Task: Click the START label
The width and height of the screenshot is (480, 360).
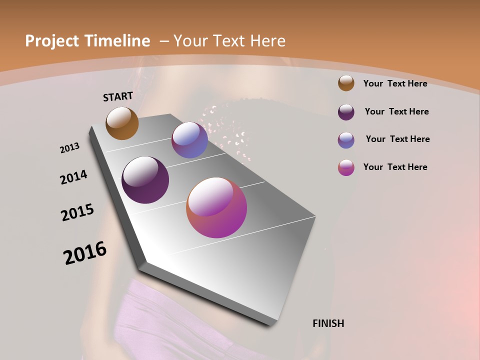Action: click(118, 96)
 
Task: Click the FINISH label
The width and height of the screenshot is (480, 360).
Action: click(328, 323)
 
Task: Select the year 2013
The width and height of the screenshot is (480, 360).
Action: click(70, 148)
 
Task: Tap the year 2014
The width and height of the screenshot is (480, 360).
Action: click(73, 177)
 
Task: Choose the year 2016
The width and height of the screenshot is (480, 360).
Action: click(85, 253)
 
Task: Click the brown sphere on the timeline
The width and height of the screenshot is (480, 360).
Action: click(122, 123)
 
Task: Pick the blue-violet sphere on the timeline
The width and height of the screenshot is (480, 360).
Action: click(189, 140)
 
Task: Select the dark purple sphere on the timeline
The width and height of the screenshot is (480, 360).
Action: click(145, 180)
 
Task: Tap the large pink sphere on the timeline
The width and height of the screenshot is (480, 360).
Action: click(216, 207)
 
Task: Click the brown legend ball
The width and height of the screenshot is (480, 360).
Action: click(346, 83)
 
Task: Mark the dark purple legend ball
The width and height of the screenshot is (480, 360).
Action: click(346, 111)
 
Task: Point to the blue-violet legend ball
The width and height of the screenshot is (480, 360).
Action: click(346, 139)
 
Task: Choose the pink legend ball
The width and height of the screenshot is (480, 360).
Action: click(346, 167)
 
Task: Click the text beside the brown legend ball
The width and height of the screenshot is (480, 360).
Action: click(395, 83)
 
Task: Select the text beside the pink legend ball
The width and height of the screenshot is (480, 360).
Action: click(395, 167)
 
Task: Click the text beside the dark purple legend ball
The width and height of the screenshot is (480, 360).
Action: click(396, 111)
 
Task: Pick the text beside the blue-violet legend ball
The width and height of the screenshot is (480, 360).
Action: click(397, 139)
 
